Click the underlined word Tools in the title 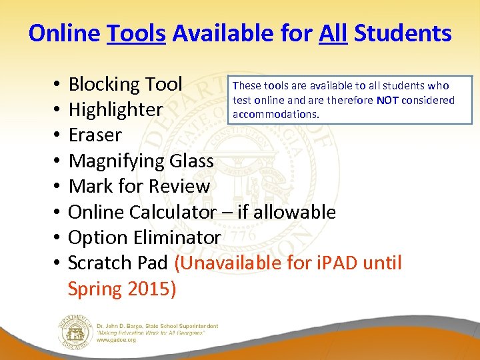coord(136,33)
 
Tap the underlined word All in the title coord(333,33)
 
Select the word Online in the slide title coord(65,33)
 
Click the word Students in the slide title coord(403,33)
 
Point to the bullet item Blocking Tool coord(125,85)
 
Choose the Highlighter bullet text coord(116,110)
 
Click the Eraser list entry coord(95,135)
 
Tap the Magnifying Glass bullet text coord(141,161)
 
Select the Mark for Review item coord(139,186)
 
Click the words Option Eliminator coord(145,237)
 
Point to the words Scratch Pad coord(118,263)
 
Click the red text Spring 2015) coord(122,289)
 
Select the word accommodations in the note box coord(275,114)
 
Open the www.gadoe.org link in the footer coord(117,340)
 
